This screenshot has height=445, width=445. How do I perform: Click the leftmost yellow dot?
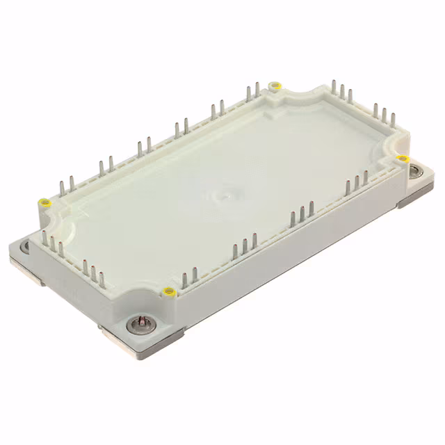pyautogui.click(x=44, y=203)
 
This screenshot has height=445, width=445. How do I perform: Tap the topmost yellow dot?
pyautogui.click(x=275, y=86)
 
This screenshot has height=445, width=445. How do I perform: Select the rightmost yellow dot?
pyautogui.click(x=403, y=159)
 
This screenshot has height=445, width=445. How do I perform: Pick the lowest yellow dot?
pyautogui.click(x=168, y=290)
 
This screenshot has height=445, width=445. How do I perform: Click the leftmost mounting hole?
pyautogui.click(x=25, y=245)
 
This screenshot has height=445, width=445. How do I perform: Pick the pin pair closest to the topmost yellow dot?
pyautogui.click(x=252, y=91)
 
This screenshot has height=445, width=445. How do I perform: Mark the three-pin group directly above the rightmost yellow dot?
pyautogui.click(x=383, y=115)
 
